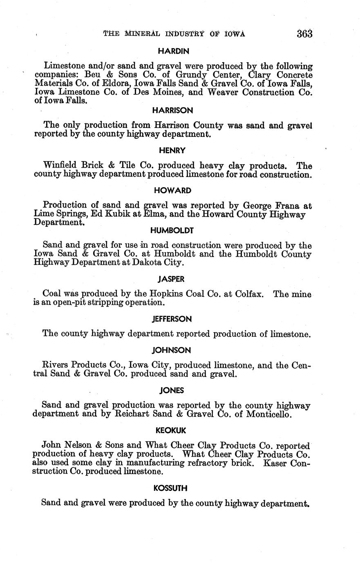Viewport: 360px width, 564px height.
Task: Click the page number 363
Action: pos(304,34)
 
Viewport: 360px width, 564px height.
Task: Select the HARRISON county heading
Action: pos(172,110)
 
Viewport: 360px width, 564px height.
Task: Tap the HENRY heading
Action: pos(172,150)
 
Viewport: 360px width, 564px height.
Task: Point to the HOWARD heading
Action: pos(172,190)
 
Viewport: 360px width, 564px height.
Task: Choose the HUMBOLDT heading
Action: pos(172,231)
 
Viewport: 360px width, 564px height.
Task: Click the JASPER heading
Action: pos(171,279)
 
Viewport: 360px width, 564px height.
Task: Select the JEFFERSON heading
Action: pos(172,319)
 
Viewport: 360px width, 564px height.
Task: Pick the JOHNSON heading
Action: pos(172,350)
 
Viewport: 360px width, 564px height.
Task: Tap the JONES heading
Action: pos(172,390)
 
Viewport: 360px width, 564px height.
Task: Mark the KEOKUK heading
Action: pos(172,430)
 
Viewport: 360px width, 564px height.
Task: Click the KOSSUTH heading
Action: pos(172,488)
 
